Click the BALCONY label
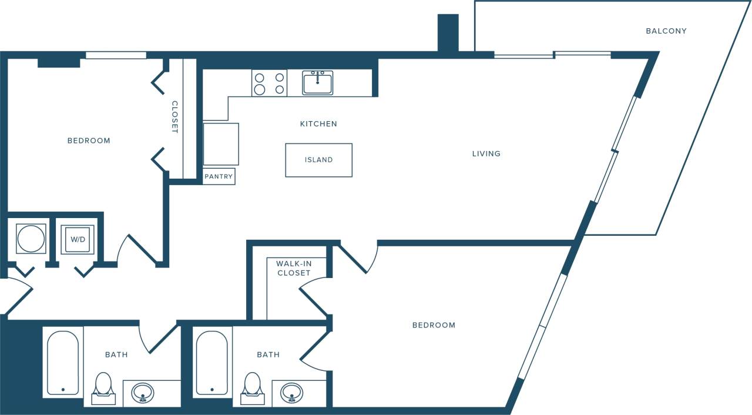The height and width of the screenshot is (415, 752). click(666, 31)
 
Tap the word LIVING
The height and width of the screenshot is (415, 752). click(486, 154)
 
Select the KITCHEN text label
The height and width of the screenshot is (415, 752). click(318, 124)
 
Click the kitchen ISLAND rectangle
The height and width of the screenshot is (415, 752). click(318, 160)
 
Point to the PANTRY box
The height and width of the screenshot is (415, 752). click(219, 176)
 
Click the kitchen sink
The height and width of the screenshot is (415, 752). click(317, 83)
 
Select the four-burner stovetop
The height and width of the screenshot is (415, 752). click(269, 83)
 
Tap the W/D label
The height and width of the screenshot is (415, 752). click(77, 240)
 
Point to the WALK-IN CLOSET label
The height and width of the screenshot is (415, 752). click(294, 269)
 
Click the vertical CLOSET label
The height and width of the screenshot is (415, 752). click(174, 117)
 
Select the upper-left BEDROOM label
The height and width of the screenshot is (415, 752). click(89, 141)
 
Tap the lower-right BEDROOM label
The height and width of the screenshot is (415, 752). click(434, 325)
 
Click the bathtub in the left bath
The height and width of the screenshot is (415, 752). click(62, 363)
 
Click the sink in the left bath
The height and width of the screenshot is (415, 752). click(142, 392)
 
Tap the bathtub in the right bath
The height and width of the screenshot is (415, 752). click(211, 363)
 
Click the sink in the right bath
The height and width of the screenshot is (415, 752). click(291, 392)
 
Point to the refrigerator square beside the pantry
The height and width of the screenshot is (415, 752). click(221, 144)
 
